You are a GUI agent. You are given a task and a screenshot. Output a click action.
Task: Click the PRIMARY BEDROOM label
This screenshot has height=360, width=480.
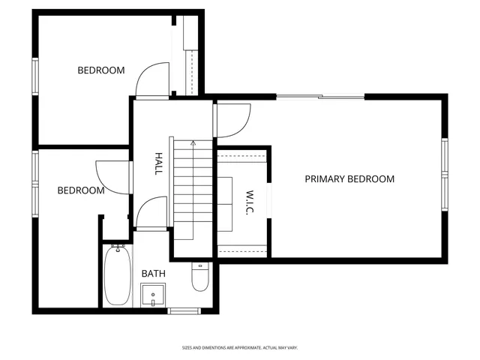[349, 179]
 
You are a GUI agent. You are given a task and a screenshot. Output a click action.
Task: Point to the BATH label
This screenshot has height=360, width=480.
[154, 274]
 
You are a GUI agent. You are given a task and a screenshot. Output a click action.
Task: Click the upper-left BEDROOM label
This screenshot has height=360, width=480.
[101, 70]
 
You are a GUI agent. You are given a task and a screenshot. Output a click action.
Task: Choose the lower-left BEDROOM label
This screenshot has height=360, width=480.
[81, 190]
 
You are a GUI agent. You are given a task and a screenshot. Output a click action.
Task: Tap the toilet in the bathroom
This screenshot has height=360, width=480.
[199, 277]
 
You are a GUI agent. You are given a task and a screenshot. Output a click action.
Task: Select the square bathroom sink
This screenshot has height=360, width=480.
[153, 295]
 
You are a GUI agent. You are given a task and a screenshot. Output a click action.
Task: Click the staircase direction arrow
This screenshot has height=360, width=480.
[193, 142]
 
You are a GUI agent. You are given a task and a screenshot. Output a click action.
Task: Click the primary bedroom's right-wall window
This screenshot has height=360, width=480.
[444, 173]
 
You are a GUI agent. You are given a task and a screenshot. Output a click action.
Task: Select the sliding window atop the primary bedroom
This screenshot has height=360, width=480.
[320, 96]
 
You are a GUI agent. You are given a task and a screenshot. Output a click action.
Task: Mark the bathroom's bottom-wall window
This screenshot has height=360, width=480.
[184, 310]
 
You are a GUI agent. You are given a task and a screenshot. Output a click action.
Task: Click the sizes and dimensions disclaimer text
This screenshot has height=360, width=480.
[240, 347]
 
